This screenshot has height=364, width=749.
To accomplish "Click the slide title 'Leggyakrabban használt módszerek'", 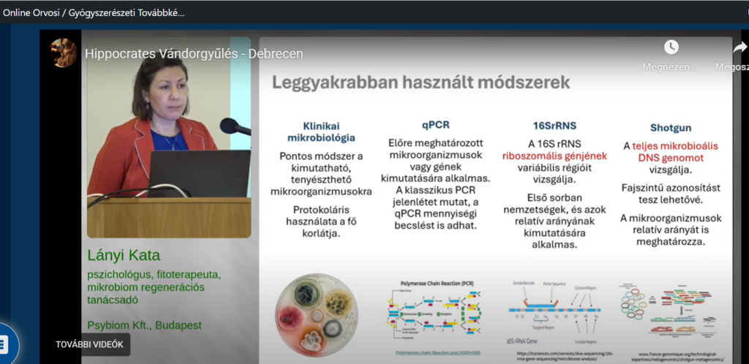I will point(421,82).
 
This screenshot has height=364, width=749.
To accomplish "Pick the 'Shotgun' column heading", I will point(671,128).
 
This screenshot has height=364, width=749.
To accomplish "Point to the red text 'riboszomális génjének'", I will point(554,156).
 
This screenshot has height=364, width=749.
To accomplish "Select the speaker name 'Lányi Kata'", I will point(123,256).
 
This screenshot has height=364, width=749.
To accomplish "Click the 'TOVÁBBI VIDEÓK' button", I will point(89,344).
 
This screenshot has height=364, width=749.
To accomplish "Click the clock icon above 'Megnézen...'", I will point(671,48).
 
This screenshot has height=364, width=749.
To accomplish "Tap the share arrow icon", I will point(740,48).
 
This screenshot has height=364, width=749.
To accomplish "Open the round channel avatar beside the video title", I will point(64,53).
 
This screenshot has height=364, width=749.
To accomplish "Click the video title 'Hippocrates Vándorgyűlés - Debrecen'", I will point(194,53).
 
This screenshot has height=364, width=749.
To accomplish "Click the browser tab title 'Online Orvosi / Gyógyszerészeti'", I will point(94,12).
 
